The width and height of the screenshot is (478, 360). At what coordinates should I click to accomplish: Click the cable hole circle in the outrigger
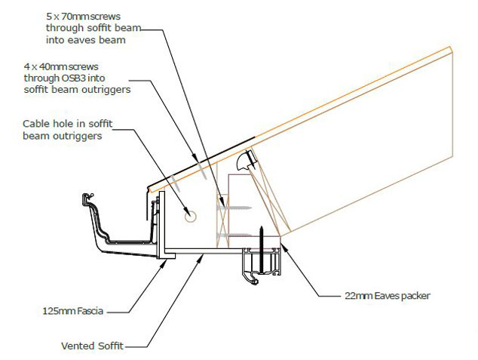[x=188, y=216]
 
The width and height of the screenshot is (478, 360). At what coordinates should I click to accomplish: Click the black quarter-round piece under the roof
[x=244, y=160]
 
